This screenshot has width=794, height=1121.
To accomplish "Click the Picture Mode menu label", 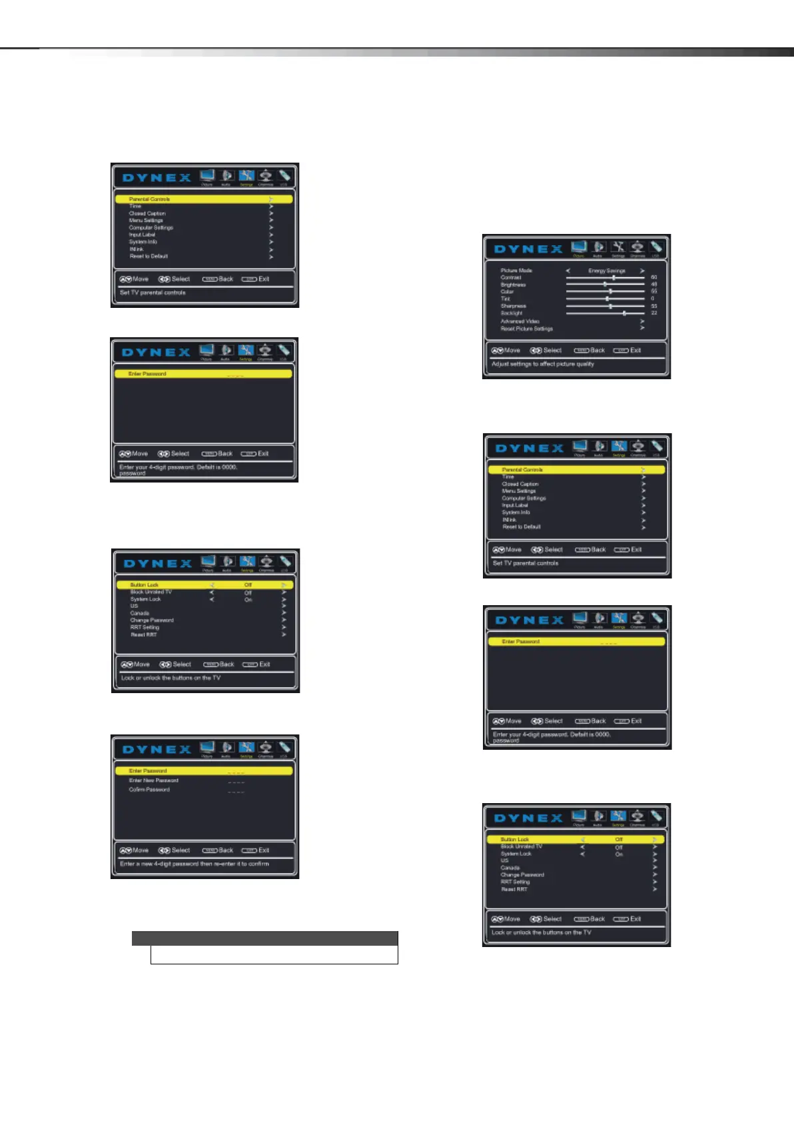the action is click(x=516, y=271).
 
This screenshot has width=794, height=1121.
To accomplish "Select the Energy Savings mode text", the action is click(x=606, y=271).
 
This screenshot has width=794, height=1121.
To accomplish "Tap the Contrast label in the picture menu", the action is click(x=511, y=277).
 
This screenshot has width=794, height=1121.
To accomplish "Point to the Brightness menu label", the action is click(x=513, y=285).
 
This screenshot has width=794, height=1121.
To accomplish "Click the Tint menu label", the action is click(x=506, y=299).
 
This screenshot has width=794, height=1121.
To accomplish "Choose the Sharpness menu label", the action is click(x=514, y=306).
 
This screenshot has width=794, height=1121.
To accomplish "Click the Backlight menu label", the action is click(x=512, y=313).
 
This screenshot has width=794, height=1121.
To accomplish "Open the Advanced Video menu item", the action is click(x=520, y=321).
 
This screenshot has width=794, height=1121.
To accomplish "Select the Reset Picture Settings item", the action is click(x=527, y=329).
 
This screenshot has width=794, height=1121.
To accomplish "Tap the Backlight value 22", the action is click(x=654, y=313).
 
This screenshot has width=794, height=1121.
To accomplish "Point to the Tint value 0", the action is click(x=653, y=299).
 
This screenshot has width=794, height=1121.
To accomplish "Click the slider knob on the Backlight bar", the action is click(x=624, y=313).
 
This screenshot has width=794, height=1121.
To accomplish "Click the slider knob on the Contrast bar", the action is click(x=613, y=277).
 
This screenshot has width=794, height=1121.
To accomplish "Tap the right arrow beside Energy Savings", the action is click(x=642, y=271).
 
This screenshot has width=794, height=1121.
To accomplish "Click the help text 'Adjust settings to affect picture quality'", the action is click(x=543, y=364).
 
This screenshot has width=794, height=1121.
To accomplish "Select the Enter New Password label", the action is click(x=154, y=780).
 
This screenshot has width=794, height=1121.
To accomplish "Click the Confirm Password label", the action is click(x=149, y=790).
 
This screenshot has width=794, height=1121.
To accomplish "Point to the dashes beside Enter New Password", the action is click(x=236, y=781).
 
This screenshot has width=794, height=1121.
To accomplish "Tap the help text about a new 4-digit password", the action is click(x=195, y=864).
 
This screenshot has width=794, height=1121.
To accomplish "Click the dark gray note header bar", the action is click(x=264, y=938).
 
